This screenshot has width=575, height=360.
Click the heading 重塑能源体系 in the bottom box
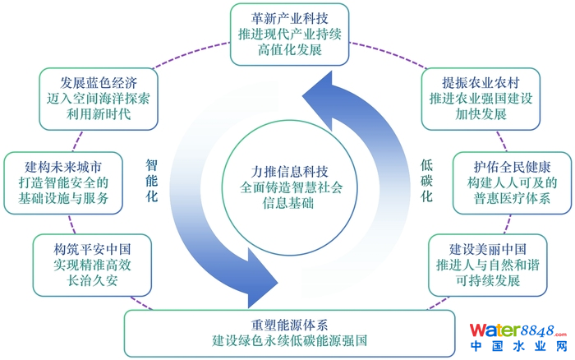289,322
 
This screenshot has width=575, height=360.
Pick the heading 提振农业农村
480,82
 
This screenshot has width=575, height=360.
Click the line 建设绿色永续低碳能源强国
289,339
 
